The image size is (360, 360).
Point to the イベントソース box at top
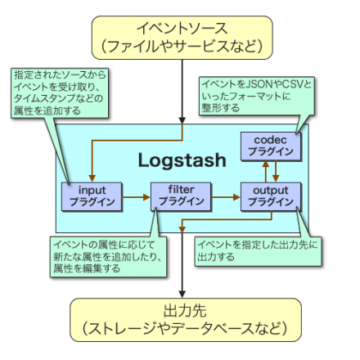[x=179, y=37]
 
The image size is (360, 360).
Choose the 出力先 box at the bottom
[x=179, y=320]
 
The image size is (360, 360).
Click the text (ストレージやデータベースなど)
[x=179, y=330]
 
